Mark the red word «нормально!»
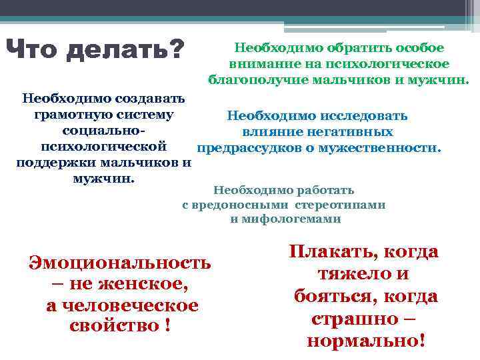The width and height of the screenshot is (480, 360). pyautogui.click(x=365, y=341)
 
